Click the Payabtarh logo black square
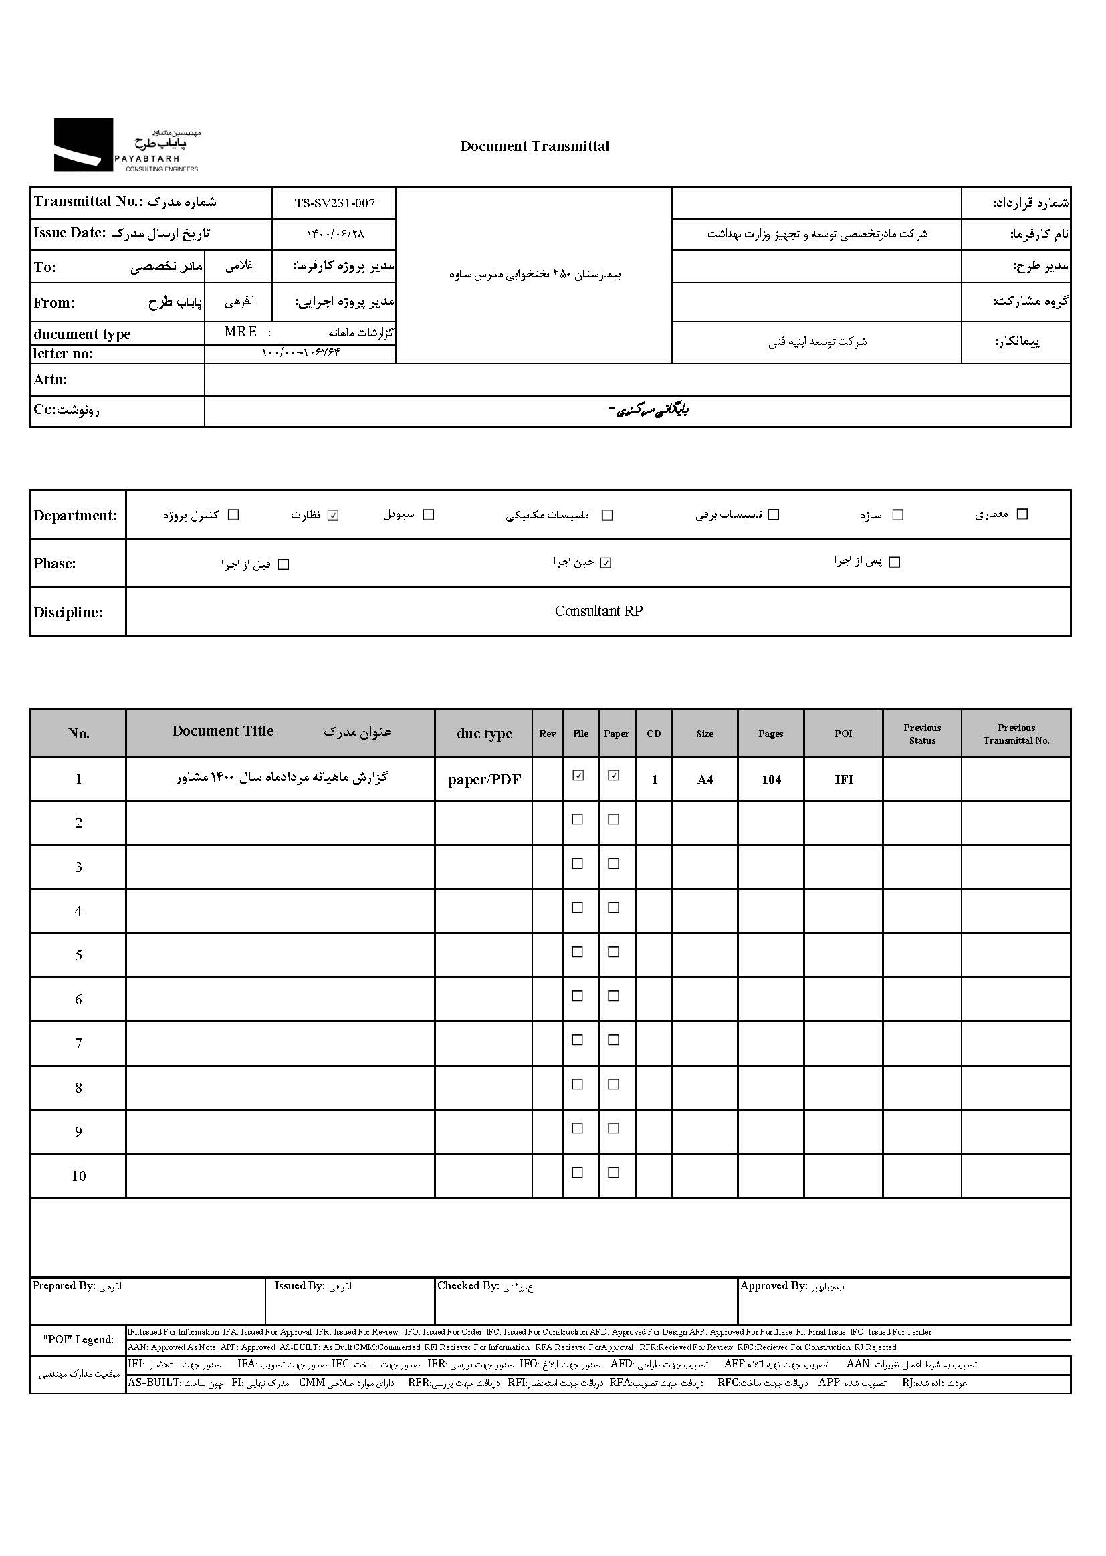tap(83, 144)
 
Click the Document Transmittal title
tap(535, 146)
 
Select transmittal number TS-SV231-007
tap(334, 203)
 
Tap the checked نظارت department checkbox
tap(333, 515)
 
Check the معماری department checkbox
tap(1022, 514)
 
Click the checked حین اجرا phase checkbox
tap(606, 563)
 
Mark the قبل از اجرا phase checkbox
tap(284, 564)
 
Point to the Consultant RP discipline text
tap(598, 610)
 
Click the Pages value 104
tap(771, 780)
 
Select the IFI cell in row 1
tap(844, 780)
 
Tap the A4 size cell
tap(705, 780)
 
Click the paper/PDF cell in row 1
tap(484, 780)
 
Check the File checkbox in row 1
tap(578, 775)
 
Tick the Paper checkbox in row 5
tap(614, 952)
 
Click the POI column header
tap(843, 734)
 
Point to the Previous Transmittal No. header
tap(1016, 734)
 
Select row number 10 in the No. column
tap(78, 1176)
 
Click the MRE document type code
tap(241, 332)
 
